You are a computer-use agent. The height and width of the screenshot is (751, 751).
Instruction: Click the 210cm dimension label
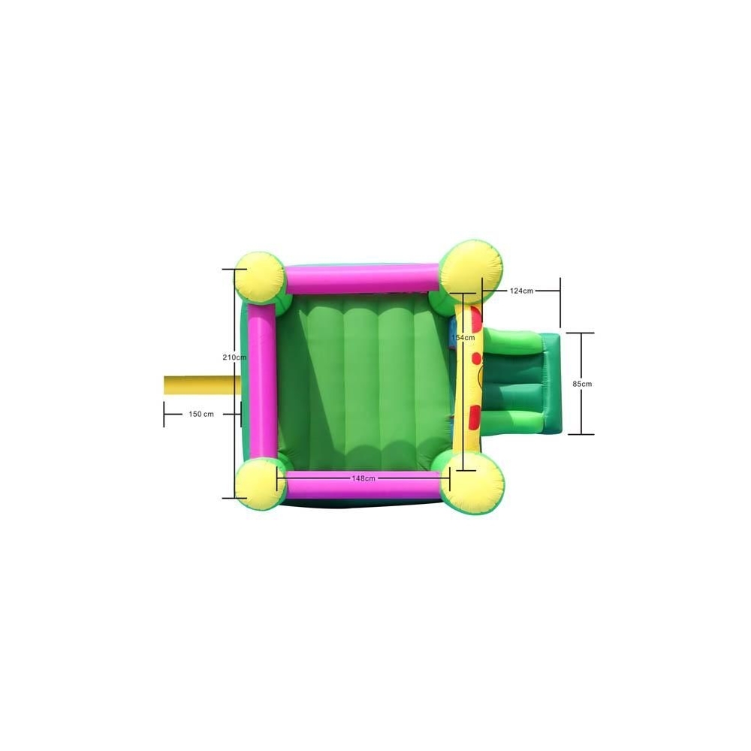click(x=234, y=357)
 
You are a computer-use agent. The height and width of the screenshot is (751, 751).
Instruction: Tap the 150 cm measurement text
click(x=201, y=415)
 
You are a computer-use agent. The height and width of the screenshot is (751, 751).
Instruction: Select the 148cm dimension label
click(x=363, y=478)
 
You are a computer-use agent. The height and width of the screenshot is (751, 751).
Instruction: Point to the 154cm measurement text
click(x=463, y=338)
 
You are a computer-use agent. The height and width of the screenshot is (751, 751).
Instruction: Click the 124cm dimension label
click(x=522, y=291)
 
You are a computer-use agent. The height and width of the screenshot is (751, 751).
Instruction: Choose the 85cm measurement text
click(x=582, y=384)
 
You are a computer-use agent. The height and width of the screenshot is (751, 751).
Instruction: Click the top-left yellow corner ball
click(x=259, y=277)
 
